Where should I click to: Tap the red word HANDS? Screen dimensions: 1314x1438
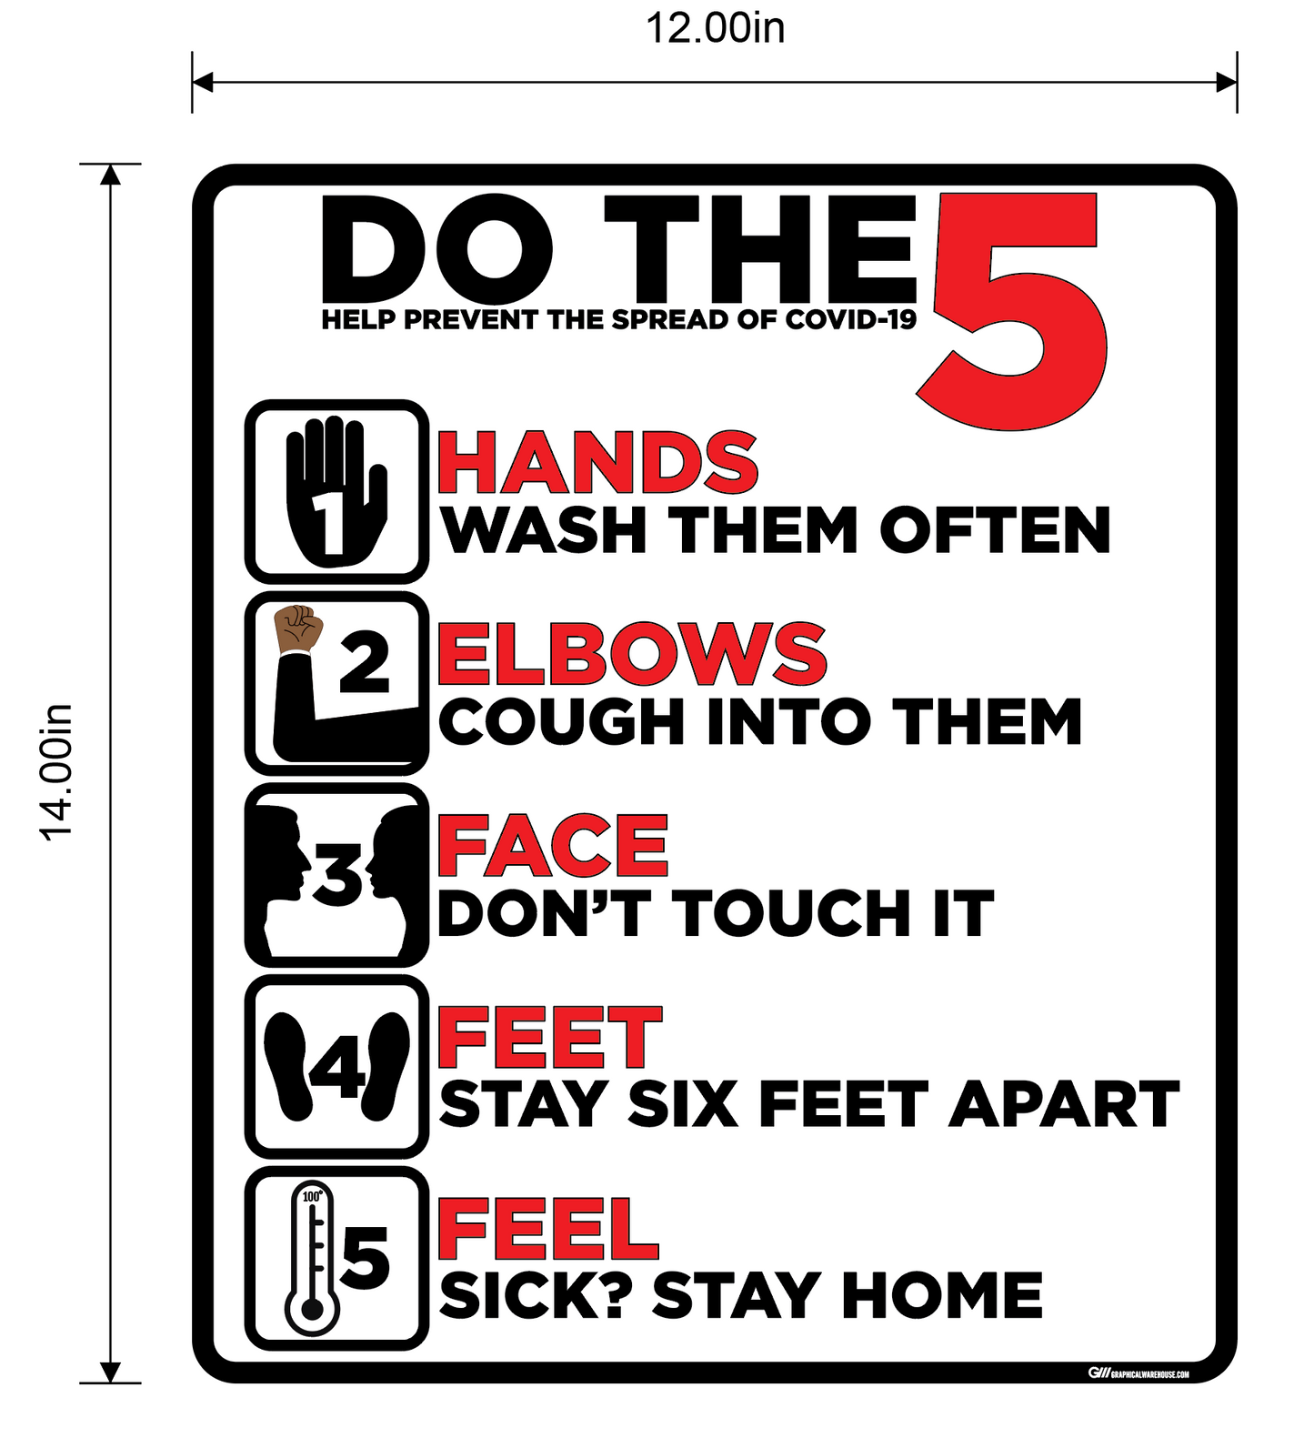(x=597, y=463)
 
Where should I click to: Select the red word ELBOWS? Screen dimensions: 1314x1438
(x=632, y=654)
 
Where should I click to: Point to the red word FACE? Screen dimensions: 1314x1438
(x=553, y=846)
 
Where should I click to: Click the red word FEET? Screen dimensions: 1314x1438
(x=550, y=1037)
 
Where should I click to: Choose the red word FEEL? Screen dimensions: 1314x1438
(x=547, y=1229)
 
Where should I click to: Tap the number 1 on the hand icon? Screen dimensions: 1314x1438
(x=329, y=524)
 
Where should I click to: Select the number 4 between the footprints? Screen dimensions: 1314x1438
(x=338, y=1065)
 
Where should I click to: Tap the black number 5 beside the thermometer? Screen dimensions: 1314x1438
(x=365, y=1258)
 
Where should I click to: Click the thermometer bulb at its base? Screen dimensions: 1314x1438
(x=312, y=1310)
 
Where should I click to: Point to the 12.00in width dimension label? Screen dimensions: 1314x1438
(x=715, y=28)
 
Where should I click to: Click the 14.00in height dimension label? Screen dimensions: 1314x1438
(x=56, y=772)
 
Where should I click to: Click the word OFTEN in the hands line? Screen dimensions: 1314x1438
(x=996, y=530)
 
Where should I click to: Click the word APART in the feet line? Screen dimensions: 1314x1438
(x=1064, y=1105)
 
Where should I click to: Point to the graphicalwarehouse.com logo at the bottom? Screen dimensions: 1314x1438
(x=1138, y=1373)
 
